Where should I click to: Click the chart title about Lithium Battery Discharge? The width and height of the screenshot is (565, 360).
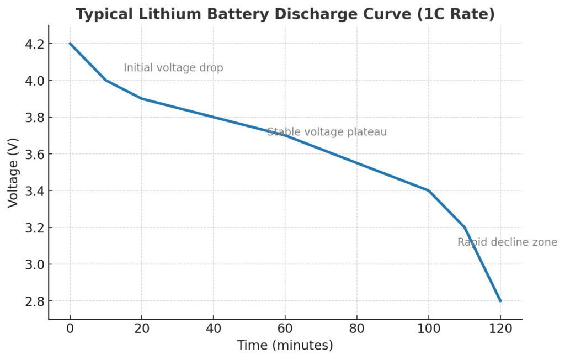(285, 14)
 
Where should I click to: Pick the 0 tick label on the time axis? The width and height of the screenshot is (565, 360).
(70, 329)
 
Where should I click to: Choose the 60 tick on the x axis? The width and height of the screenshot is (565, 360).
(285, 329)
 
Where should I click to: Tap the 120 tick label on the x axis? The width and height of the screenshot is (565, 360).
(500, 329)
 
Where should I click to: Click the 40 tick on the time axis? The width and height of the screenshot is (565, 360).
(214, 329)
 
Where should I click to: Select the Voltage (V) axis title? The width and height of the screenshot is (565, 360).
(13, 172)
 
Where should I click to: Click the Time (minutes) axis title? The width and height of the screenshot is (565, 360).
(285, 346)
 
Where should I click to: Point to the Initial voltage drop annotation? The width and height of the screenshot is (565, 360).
(173, 68)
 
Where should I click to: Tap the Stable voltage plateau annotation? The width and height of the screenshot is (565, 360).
(327, 132)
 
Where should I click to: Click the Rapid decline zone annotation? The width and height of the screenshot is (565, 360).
(507, 242)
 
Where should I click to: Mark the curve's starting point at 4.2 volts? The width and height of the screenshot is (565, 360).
(70, 44)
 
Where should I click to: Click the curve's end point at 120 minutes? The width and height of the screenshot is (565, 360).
(500, 301)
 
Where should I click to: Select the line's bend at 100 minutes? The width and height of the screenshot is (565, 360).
(429, 191)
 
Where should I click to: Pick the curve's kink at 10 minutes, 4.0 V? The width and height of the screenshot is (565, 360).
(106, 81)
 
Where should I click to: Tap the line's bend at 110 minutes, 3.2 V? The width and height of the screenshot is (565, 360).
(465, 227)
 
